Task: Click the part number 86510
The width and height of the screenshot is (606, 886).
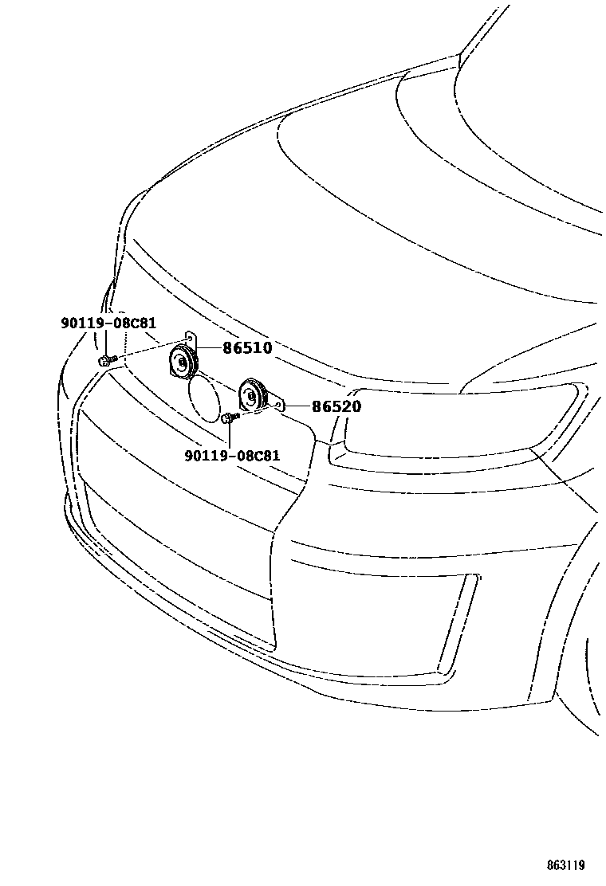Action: coord(246,348)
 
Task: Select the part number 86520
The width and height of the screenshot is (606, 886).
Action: coord(336,406)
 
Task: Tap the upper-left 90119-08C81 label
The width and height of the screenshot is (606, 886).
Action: coord(108,323)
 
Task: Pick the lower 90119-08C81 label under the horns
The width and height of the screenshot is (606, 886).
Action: coord(232,456)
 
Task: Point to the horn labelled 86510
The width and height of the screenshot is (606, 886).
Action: coord(183,364)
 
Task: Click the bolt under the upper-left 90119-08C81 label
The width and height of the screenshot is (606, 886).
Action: coord(107,361)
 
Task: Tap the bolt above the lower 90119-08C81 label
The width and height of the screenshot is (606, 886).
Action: coord(230,417)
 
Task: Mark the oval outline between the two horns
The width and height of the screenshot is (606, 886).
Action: coord(203,399)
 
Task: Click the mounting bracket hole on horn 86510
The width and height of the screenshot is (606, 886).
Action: coord(187,338)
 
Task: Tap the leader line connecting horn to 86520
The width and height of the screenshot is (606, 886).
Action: coord(295,406)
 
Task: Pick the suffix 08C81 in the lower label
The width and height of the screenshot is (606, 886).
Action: coord(257,456)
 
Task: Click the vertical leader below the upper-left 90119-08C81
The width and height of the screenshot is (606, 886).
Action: coord(106,343)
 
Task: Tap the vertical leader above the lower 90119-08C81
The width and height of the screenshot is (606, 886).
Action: coord(230,434)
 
